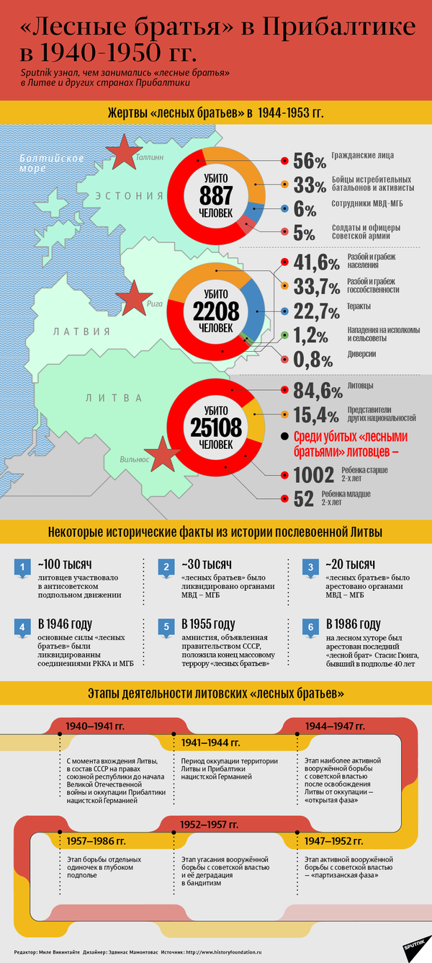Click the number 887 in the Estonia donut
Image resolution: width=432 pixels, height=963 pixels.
pos(216,195)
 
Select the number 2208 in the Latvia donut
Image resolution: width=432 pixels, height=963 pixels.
pos(216,311)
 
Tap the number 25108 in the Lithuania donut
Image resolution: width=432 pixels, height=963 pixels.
pos(216,428)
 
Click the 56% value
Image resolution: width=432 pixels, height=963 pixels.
pos(310,161)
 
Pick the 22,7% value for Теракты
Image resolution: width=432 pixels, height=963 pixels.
pos(316,312)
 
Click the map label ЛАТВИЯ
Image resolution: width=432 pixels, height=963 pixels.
pos(81,332)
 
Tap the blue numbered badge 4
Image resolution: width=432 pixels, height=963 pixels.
pos(23,626)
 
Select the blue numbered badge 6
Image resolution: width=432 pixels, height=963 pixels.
pos(311,626)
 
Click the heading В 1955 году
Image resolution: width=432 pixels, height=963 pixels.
pos(208,623)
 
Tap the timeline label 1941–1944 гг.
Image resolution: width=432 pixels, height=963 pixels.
pos(211,742)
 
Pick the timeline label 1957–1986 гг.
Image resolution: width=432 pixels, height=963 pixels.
pos(96,840)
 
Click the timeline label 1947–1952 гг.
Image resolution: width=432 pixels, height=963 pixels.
pos(335,840)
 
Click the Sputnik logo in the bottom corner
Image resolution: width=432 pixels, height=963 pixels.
pos(413,945)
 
